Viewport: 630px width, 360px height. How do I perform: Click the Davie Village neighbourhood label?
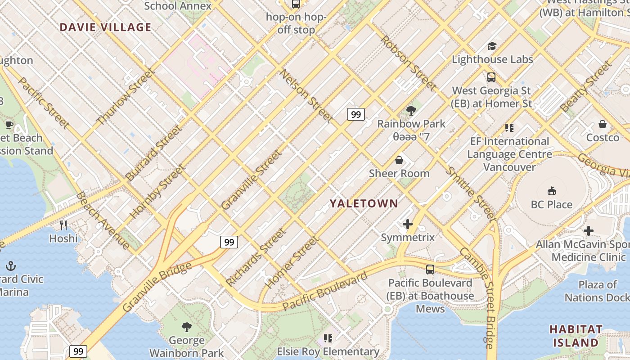tap(105, 27)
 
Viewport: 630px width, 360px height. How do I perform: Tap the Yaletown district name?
tap(364, 203)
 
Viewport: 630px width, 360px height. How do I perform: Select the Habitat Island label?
tap(576, 336)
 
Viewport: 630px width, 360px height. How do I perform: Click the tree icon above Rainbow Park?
tap(411, 110)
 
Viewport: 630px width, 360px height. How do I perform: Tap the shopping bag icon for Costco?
tap(603, 124)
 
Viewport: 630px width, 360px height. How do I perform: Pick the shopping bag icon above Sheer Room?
tap(399, 160)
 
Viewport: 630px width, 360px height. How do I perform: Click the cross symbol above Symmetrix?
tap(408, 224)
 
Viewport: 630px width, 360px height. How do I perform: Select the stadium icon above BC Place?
tap(551, 191)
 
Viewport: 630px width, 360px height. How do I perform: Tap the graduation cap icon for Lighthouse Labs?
tap(492, 46)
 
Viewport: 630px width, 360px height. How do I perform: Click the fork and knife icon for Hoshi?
tap(63, 225)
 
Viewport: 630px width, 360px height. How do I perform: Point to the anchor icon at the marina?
tap(11, 265)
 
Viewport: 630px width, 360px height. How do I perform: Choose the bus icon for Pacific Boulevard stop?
tap(430, 270)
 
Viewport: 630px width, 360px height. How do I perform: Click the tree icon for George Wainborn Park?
tap(186, 327)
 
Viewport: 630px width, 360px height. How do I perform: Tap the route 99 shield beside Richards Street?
tap(229, 242)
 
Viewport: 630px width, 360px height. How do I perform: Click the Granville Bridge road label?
tap(157, 288)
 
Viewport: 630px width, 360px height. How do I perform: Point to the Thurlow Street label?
tap(126, 96)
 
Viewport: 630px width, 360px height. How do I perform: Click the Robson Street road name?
tap(408, 63)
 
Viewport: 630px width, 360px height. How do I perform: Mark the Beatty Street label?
tap(586, 87)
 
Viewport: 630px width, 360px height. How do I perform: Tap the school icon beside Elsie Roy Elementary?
tap(328, 338)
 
